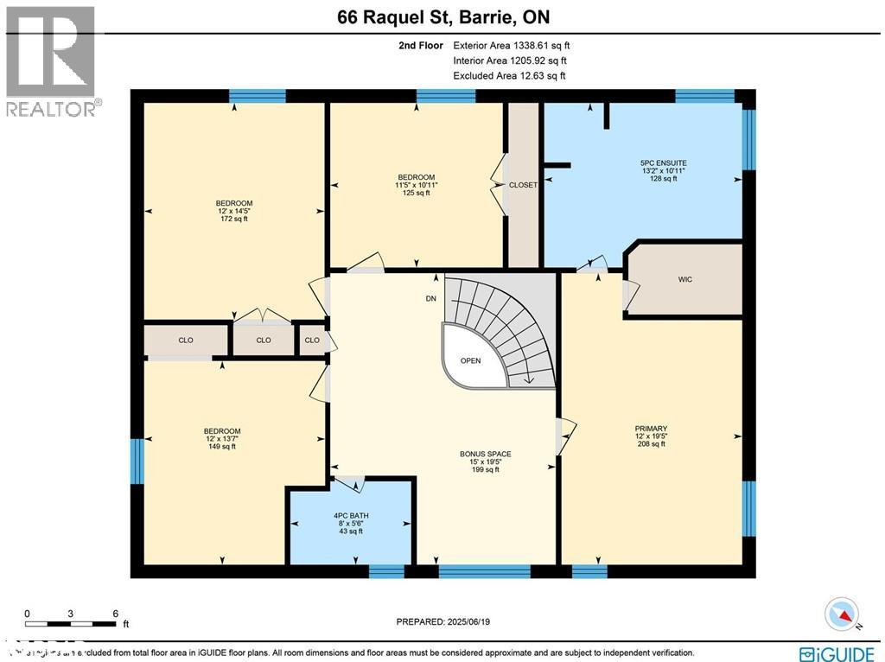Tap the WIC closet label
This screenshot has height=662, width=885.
[x=685, y=279]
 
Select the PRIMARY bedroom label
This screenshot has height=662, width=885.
[x=651, y=429]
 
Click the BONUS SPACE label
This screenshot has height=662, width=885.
[x=485, y=454]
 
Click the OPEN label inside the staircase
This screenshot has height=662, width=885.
[x=470, y=361]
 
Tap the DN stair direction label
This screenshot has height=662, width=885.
[x=431, y=299]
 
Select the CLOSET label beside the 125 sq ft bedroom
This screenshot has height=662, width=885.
[x=523, y=185]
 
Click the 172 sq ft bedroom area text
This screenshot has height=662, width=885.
[x=233, y=220]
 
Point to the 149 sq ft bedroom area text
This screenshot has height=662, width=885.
[x=222, y=447]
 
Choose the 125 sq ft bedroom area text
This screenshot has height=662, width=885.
[x=417, y=194]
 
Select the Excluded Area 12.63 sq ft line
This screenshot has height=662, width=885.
[x=509, y=76]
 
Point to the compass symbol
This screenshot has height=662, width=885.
[x=843, y=614]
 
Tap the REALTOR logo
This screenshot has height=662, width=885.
[x=52, y=60]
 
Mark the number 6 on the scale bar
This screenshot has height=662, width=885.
[x=115, y=614]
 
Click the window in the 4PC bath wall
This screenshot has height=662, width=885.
[x=386, y=571]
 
